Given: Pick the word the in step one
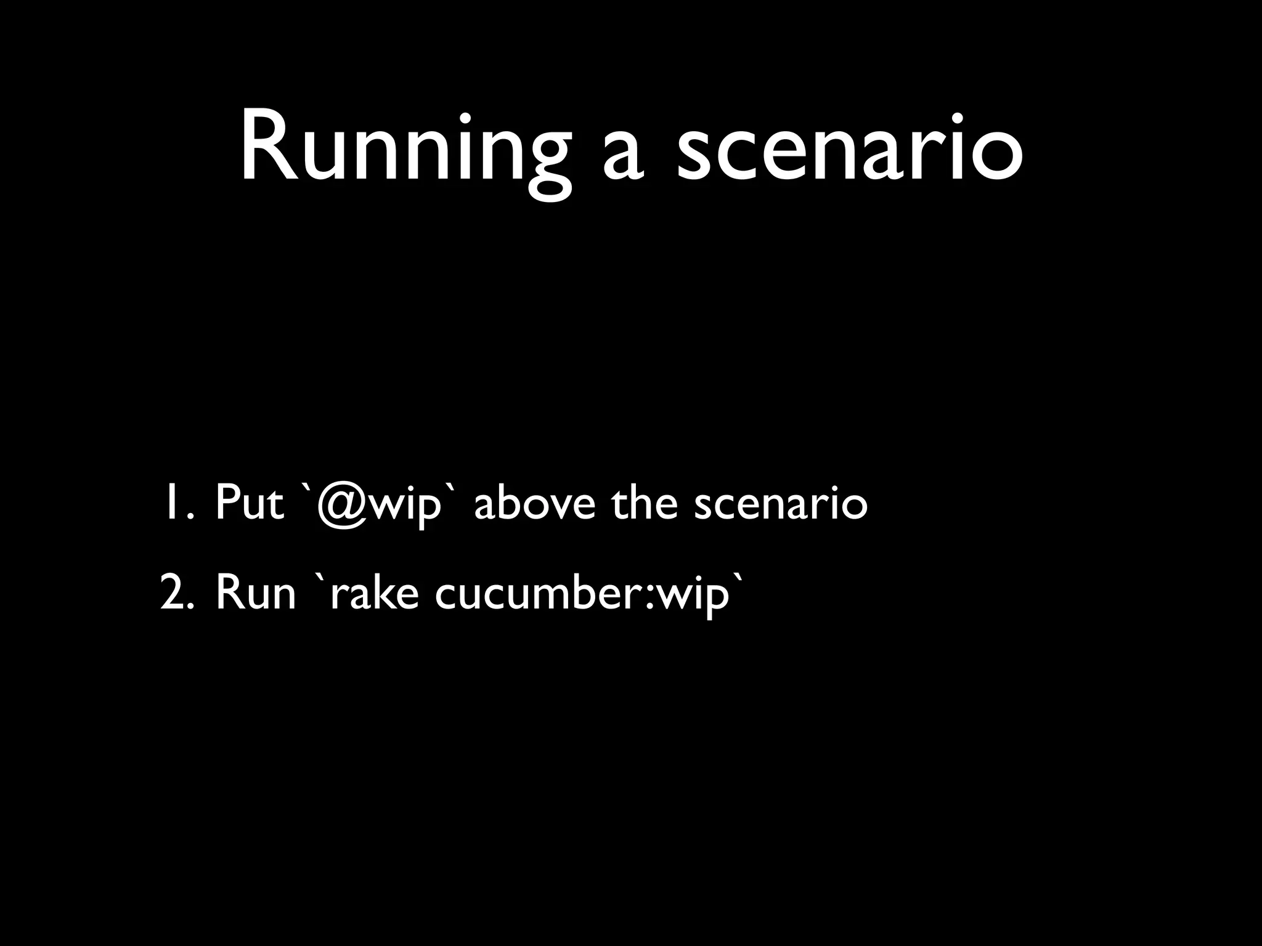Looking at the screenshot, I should [x=644, y=503].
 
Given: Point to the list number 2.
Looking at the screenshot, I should [x=176, y=593].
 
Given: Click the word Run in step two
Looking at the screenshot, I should [x=256, y=593].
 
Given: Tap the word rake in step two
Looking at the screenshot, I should [x=375, y=593].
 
